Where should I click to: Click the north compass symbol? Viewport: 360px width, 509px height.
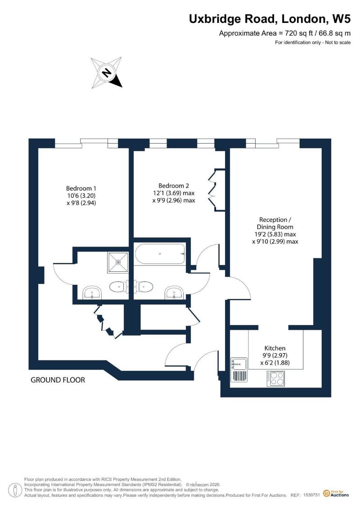[x=107, y=73]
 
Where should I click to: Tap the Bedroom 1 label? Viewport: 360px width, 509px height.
[x=81, y=188]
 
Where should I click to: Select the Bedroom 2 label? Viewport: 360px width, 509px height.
[x=174, y=186]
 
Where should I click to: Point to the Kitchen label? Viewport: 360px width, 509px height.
[x=275, y=348]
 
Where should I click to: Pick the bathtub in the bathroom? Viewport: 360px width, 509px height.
[x=160, y=254]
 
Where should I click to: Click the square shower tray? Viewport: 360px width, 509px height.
[x=118, y=262]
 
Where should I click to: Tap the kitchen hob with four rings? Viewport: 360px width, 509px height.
[x=276, y=378]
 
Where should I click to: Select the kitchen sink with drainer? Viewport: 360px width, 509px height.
[x=239, y=369]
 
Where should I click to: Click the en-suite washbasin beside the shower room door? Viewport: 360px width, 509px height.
[x=93, y=293]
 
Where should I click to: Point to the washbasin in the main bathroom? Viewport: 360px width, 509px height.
[x=175, y=293]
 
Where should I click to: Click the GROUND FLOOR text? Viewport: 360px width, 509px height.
[x=58, y=380]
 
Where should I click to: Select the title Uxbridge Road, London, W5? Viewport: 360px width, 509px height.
[x=270, y=19]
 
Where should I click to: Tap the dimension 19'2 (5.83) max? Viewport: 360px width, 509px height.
[x=275, y=234]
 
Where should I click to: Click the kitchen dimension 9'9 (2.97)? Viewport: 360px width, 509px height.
[x=275, y=356]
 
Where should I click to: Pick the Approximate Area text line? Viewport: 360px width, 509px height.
[x=285, y=33]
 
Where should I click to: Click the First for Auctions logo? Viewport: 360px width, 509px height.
[x=336, y=494]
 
